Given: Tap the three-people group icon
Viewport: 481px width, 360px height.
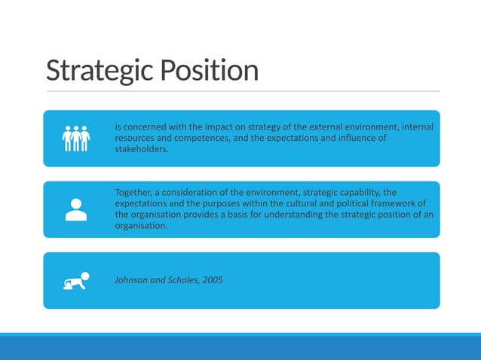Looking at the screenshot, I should click(x=76, y=138).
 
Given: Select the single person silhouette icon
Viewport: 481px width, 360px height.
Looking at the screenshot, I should click(x=76, y=209).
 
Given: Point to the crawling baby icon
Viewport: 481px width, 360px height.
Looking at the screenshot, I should click(x=76, y=280).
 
